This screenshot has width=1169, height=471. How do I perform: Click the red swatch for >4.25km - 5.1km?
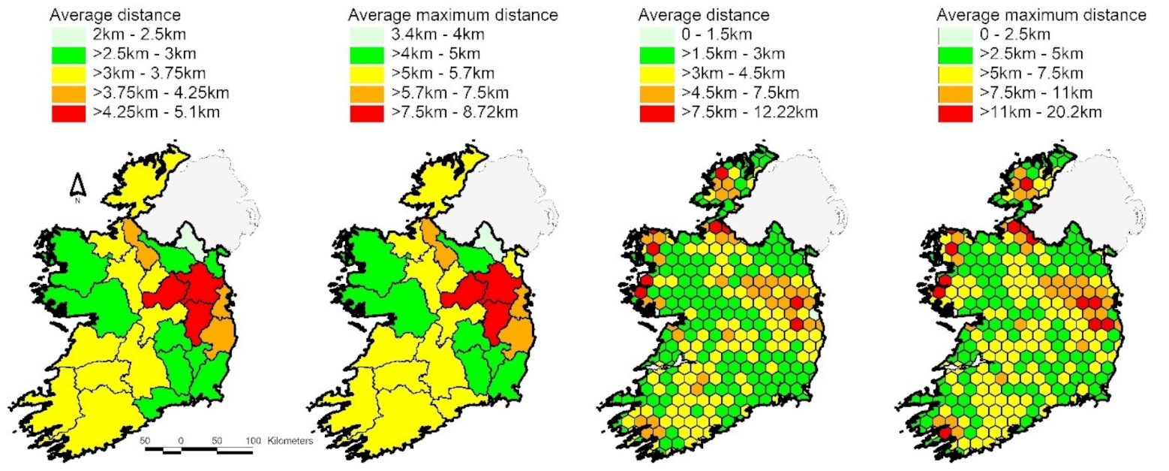(x=70, y=113)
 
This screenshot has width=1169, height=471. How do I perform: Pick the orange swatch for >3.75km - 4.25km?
(x=70, y=93)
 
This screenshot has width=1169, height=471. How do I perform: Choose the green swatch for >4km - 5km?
(x=366, y=54)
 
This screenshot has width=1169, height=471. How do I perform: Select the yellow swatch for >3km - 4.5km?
(x=657, y=74)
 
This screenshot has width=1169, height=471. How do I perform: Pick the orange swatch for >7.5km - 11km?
(x=957, y=93)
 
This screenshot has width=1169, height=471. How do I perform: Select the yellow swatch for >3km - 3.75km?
(x=70, y=74)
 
